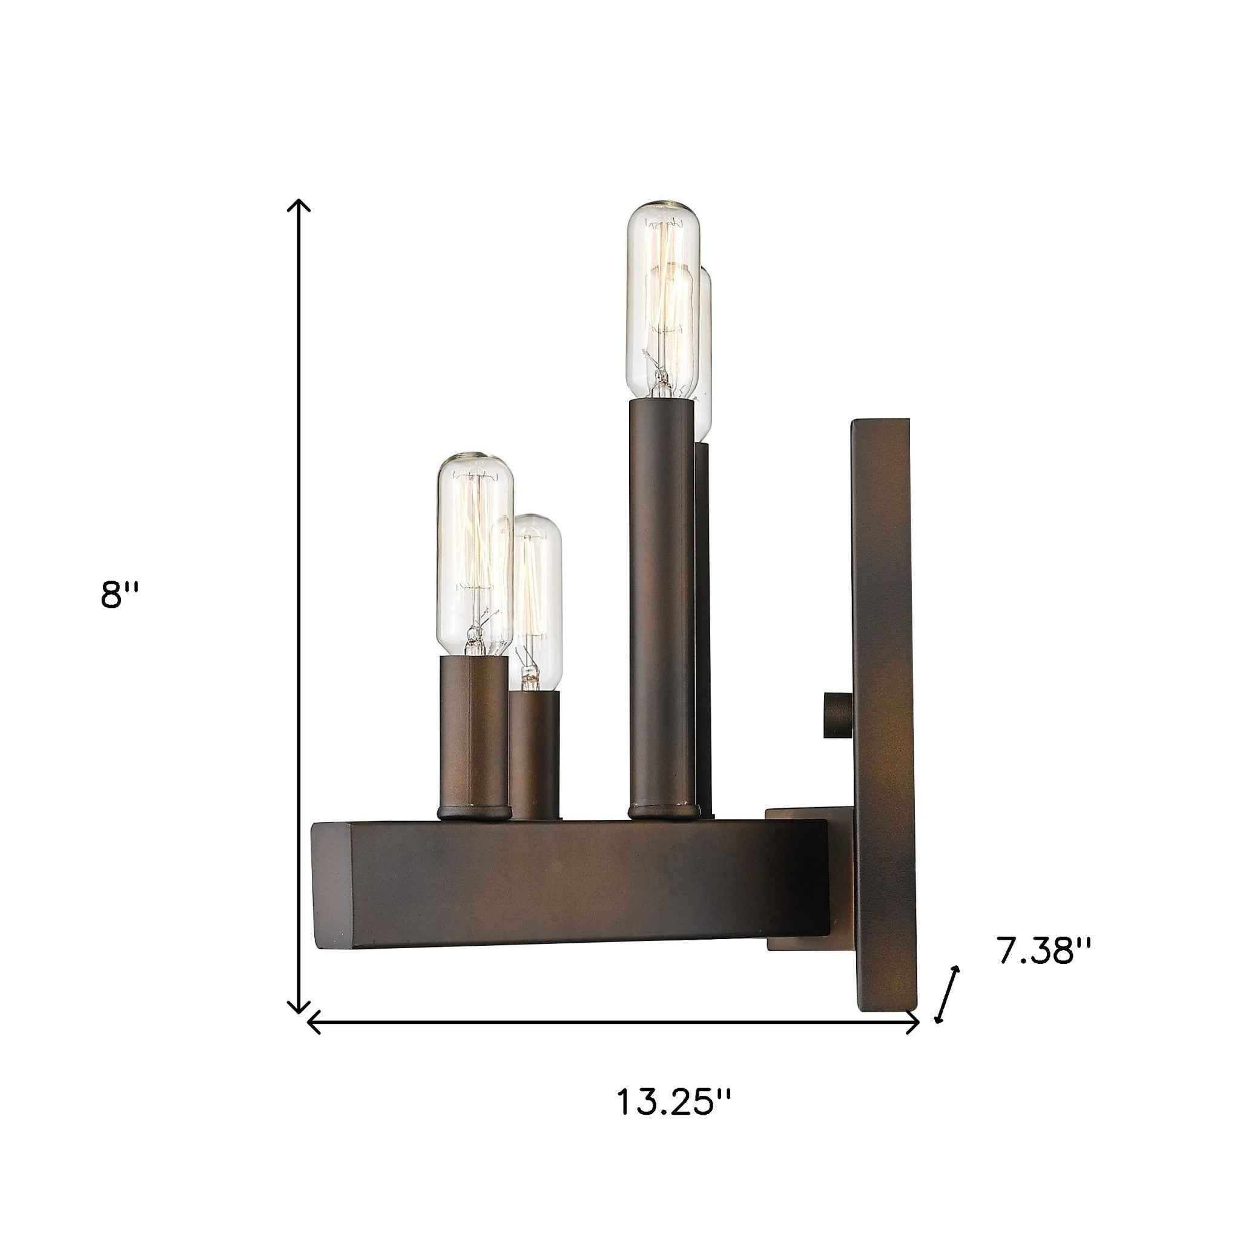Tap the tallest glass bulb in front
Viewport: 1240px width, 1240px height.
tap(662, 302)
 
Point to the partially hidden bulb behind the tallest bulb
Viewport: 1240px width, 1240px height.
tap(705, 360)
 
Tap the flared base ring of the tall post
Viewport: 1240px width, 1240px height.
tap(663, 813)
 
